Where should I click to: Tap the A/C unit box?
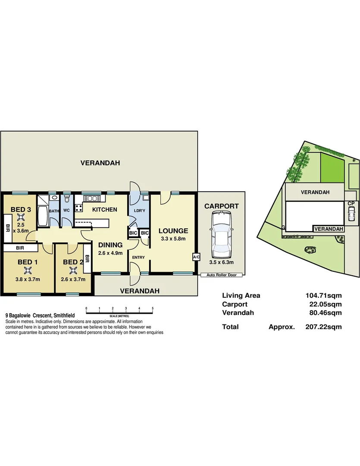(196, 257)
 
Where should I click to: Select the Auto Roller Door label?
(222, 275)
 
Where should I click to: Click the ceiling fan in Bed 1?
(28, 271)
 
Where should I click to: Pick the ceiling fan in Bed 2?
(73, 271)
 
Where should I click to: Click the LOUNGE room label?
(173, 231)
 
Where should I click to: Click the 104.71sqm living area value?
(323, 296)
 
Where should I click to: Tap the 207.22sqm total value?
(323, 327)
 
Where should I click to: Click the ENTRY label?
(138, 258)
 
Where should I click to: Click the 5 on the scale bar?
(153, 309)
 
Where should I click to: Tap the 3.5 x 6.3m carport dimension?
(221, 261)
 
